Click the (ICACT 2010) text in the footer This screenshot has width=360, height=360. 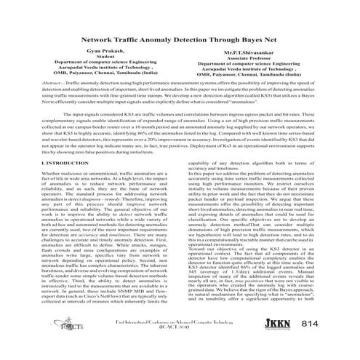(174, 347)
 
